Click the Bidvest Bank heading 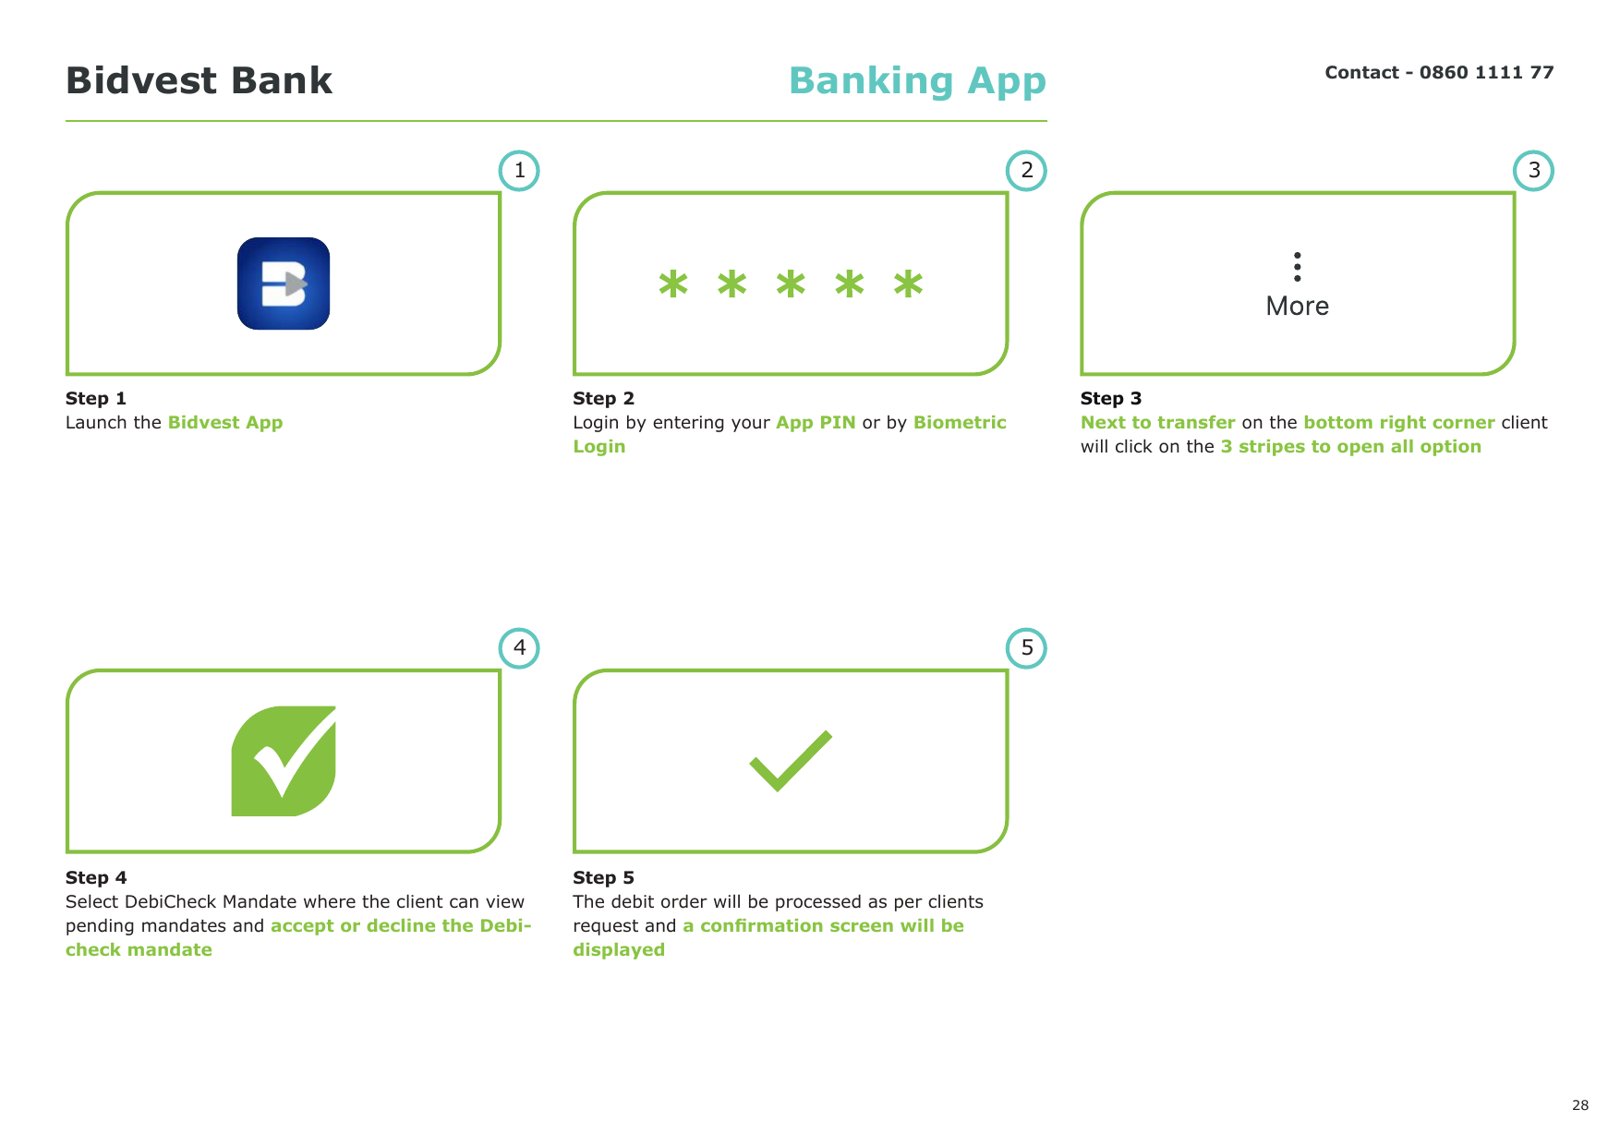tap(199, 80)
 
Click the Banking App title tap(917, 81)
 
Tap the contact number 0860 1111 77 tap(1486, 72)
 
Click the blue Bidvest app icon tap(284, 283)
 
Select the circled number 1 tap(519, 171)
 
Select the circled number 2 tap(1026, 171)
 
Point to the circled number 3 tap(1533, 171)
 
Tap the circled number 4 tap(519, 648)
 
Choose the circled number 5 tap(1026, 648)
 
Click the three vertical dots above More tap(1298, 267)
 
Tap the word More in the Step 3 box tap(1298, 307)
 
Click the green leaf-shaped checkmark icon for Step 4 tap(284, 761)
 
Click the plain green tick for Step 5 tap(791, 761)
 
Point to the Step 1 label tap(96, 398)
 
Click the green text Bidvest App tap(225, 423)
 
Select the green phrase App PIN tap(816, 423)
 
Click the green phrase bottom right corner tap(1399, 423)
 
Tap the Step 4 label tap(96, 877)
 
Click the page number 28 tap(1580, 1105)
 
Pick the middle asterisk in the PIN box tap(791, 283)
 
